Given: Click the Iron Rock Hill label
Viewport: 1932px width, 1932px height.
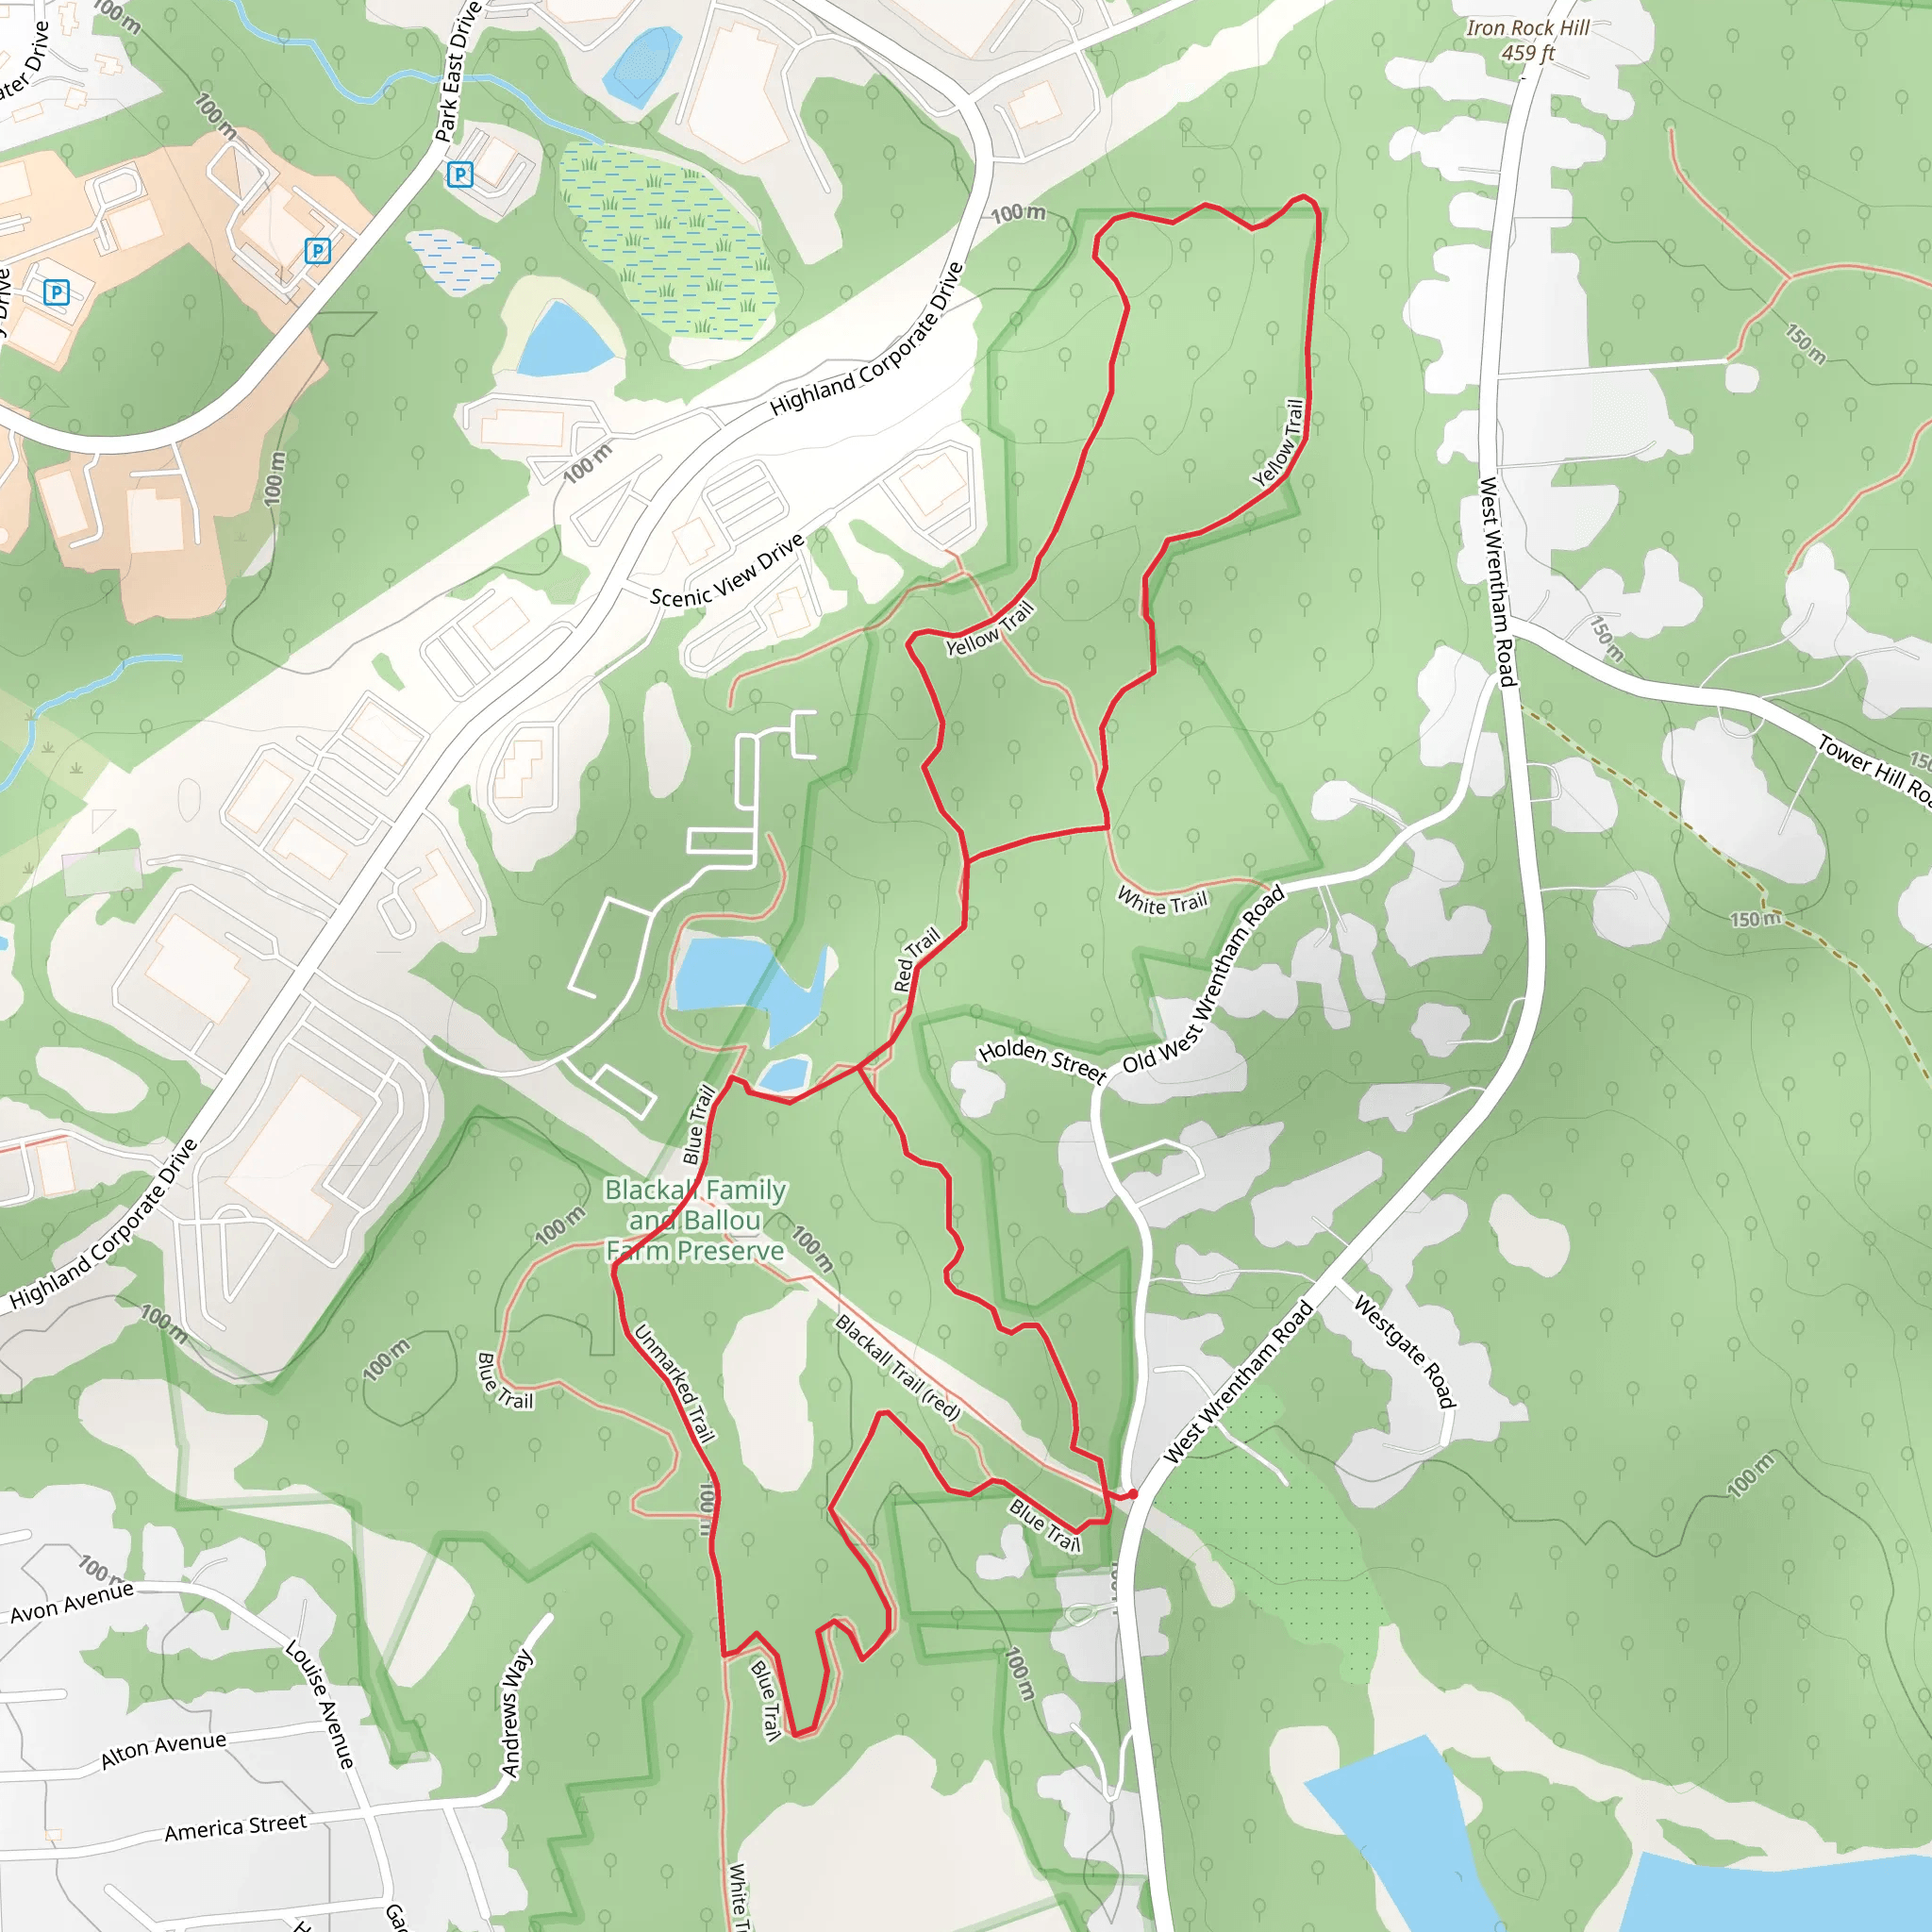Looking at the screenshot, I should (x=1527, y=28).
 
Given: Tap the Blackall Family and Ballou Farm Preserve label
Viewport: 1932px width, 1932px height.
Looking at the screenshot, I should (x=695, y=1220).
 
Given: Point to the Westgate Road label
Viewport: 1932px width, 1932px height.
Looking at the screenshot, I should (x=1404, y=1350).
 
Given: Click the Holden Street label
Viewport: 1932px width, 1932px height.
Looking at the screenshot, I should (x=1042, y=1061).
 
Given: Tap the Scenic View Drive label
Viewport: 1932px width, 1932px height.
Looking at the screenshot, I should (x=727, y=570).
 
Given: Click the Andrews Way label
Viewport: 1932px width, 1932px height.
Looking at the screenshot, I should (x=517, y=1713).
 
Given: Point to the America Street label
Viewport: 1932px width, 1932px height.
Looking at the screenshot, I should (x=235, y=1827).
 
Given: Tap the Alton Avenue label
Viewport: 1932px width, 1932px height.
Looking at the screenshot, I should (x=163, y=1750).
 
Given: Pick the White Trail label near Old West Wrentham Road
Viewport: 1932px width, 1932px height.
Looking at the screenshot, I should (x=1162, y=902).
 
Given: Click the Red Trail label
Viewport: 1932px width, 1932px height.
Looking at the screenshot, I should (x=916, y=960).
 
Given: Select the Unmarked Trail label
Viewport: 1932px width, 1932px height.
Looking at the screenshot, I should (x=675, y=1384).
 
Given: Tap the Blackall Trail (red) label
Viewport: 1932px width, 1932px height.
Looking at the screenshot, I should (x=897, y=1368).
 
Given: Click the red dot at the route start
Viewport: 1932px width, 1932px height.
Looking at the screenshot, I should (x=1133, y=1494).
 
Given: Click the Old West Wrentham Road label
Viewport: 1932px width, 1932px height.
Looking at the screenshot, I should (x=1203, y=981).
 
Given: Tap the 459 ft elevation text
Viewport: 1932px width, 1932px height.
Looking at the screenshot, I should (x=1527, y=53).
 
